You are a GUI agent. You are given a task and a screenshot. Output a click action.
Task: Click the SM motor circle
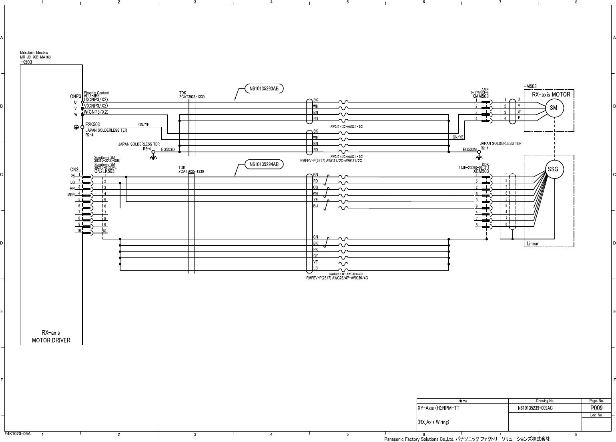553,108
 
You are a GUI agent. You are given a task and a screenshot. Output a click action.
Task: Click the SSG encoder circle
553,169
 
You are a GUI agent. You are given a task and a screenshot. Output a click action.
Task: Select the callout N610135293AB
264,88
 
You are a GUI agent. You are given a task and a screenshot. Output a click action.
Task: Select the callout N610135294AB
264,164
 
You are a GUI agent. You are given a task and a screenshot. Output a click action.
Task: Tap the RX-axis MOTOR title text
551,95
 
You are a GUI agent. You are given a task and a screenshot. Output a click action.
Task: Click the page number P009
596,408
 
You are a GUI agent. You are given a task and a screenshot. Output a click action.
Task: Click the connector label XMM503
480,96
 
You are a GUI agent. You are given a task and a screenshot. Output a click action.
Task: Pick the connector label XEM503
481,171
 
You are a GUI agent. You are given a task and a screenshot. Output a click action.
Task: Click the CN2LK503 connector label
104,171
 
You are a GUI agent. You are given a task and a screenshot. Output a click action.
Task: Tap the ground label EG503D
168,149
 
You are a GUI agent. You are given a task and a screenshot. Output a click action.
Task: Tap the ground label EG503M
470,149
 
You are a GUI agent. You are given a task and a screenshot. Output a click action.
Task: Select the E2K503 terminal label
92,125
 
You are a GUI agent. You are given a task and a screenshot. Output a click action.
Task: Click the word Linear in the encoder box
532,243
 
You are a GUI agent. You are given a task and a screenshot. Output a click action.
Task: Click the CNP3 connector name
76,96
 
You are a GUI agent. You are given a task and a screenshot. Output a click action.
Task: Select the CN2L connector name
75,170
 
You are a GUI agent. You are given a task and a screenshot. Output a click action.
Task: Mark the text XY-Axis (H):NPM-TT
438,408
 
